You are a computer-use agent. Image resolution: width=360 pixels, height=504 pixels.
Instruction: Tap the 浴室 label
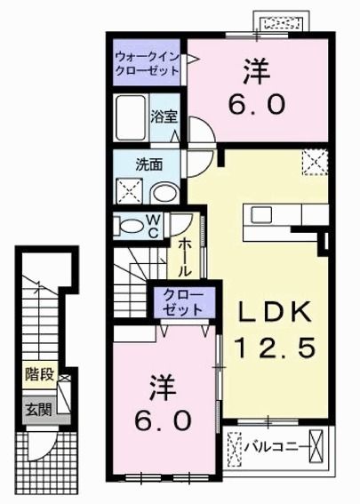click(x=162, y=116)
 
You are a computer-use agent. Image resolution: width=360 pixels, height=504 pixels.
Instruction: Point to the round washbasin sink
click(x=163, y=193)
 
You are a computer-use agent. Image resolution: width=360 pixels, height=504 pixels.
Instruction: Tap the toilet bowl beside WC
click(x=131, y=226)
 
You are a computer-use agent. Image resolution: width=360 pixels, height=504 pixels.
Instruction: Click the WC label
click(x=154, y=227)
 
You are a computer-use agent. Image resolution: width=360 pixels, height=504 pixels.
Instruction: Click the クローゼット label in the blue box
click(x=181, y=301)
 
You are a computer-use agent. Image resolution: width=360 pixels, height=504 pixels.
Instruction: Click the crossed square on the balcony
click(x=236, y=444)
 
